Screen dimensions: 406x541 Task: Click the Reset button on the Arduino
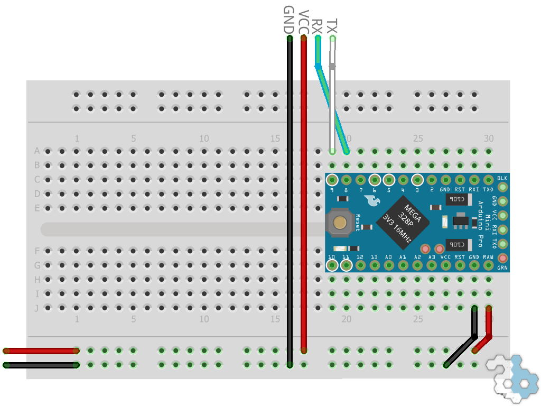pyautogui.click(x=341, y=223)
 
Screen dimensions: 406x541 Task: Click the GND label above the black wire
pyautogui.click(x=288, y=20)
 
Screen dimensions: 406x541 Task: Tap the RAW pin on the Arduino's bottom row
pyautogui.click(x=489, y=265)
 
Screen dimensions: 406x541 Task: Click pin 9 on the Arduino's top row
pyautogui.click(x=332, y=180)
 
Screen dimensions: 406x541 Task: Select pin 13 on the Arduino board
pyautogui.click(x=375, y=265)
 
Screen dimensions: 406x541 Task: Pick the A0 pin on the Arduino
pyautogui.click(x=389, y=265)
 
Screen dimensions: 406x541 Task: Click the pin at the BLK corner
pyautogui.click(x=502, y=187)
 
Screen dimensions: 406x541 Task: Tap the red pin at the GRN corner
pyautogui.click(x=502, y=259)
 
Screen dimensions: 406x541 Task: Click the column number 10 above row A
pyautogui.click(x=204, y=139)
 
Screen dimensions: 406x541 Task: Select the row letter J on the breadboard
pyautogui.click(x=37, y=308)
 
